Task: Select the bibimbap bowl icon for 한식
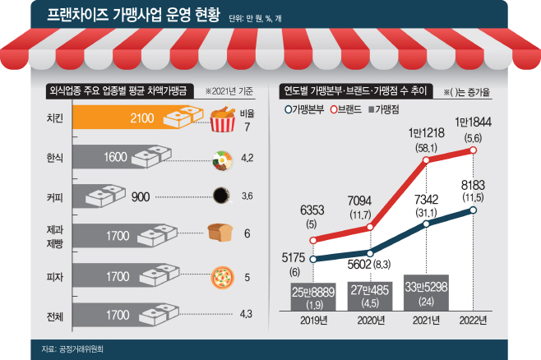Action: pyautogui.click(x=221, y=159)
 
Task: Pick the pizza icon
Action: pyautogui.click(x=221, y=275)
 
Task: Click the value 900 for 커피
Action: pyautogui.click(x=141, y=196)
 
